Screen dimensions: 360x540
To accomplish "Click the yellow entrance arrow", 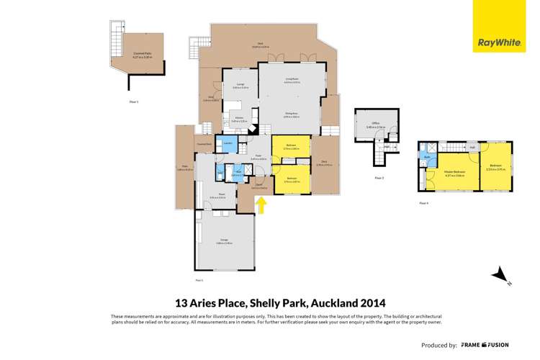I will (x=263, y=206).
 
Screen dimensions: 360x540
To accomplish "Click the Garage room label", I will (x=224, y=242).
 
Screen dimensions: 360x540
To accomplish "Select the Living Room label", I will (x=292, y=81).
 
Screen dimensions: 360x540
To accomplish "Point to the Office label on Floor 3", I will (x=375, y=124).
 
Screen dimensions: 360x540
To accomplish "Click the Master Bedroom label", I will (x=454, y=171).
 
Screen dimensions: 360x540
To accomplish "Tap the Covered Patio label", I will (x=142, y=53).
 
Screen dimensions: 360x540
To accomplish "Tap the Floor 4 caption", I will (x=424, y=203).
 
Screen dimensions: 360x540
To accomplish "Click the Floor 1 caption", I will (x=133, y=102).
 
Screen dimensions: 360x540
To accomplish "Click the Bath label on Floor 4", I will (x=427, y=156).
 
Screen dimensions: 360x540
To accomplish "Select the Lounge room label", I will (x=240, y=86).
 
